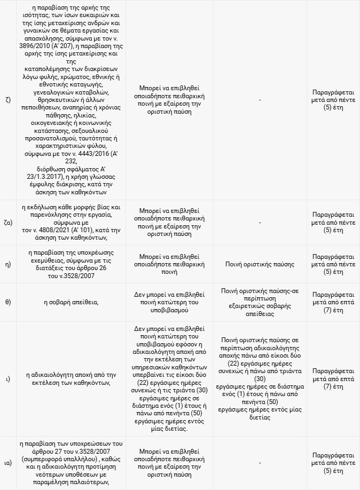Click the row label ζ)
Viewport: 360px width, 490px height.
tap(7, 99)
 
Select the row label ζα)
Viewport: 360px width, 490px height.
tap(9, 222)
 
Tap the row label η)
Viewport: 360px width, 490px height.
tap(8, 264)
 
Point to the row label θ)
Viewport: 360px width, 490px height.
tap(8, 302)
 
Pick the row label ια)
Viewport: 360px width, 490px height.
tap(8, 462)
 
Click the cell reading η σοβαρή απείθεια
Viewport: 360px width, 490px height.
tap(71, 302)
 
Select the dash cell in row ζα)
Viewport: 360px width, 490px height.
tap(260, 222)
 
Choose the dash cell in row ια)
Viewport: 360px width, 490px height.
tap(260, 462)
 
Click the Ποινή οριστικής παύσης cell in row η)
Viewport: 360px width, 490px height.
tap(260, 264)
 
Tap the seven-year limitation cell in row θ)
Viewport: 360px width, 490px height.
tap(333, 302)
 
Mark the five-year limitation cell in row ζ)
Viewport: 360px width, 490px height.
tap(333, 99)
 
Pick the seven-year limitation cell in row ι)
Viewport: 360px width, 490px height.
tap(333, 378)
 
